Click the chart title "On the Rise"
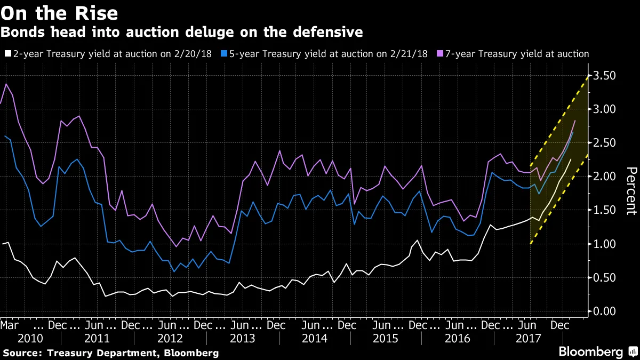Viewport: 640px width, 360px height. click(59, 12)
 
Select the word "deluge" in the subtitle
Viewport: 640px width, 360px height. click(247, 33)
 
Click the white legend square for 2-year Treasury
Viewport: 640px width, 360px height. click(7, 54)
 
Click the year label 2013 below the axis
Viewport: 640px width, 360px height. click(243, 338)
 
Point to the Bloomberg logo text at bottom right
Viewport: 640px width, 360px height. click(590, 352)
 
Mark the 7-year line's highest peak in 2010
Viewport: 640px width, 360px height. click(6, 84)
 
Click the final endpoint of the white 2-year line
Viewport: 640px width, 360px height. click(571, 159)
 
